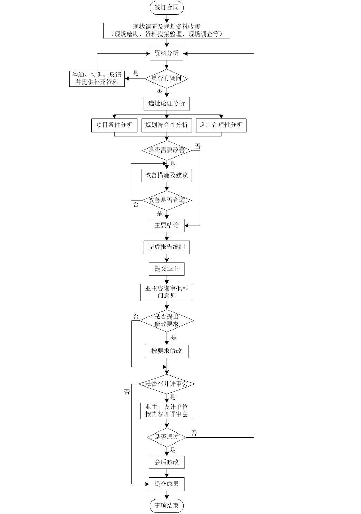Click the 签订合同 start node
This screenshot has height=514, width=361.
coord(166,8)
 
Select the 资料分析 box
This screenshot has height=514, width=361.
coord(166,54)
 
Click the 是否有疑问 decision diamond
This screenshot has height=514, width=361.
coord(166,78)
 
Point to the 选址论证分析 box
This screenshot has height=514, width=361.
coord(166,103)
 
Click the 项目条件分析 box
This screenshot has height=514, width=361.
coord(114,125)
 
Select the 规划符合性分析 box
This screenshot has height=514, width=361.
coord(166,125)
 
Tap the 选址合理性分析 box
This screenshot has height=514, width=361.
coord(221,125)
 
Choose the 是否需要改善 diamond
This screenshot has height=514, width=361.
coord(166,150)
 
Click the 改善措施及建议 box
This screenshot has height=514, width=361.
coord(166,175)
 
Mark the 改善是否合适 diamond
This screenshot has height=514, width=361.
coord(166,200)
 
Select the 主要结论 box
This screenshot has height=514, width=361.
coord(166,225)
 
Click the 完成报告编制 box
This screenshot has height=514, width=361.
coord(166,247)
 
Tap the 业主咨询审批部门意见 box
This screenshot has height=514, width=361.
coord(166,292)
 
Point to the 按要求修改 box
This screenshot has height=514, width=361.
coord(166,351)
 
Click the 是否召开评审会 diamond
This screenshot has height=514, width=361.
coord(166,384)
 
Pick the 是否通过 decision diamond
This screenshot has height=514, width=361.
coord(166,437)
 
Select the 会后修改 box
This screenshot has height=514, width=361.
coord(166,462)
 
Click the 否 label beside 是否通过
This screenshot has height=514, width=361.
coord(194,433)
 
